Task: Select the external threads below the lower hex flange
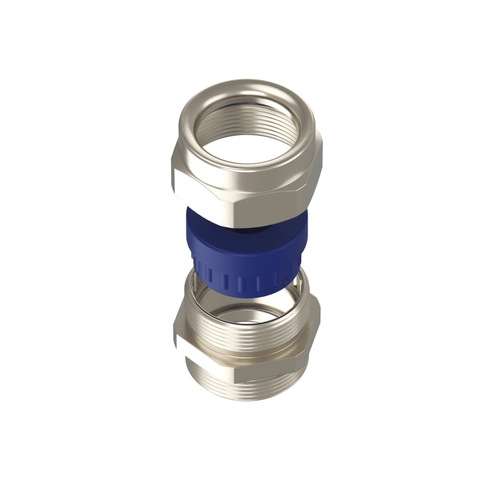click(x=247, y=386)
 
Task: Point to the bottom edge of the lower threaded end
click(x=247, y=401)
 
